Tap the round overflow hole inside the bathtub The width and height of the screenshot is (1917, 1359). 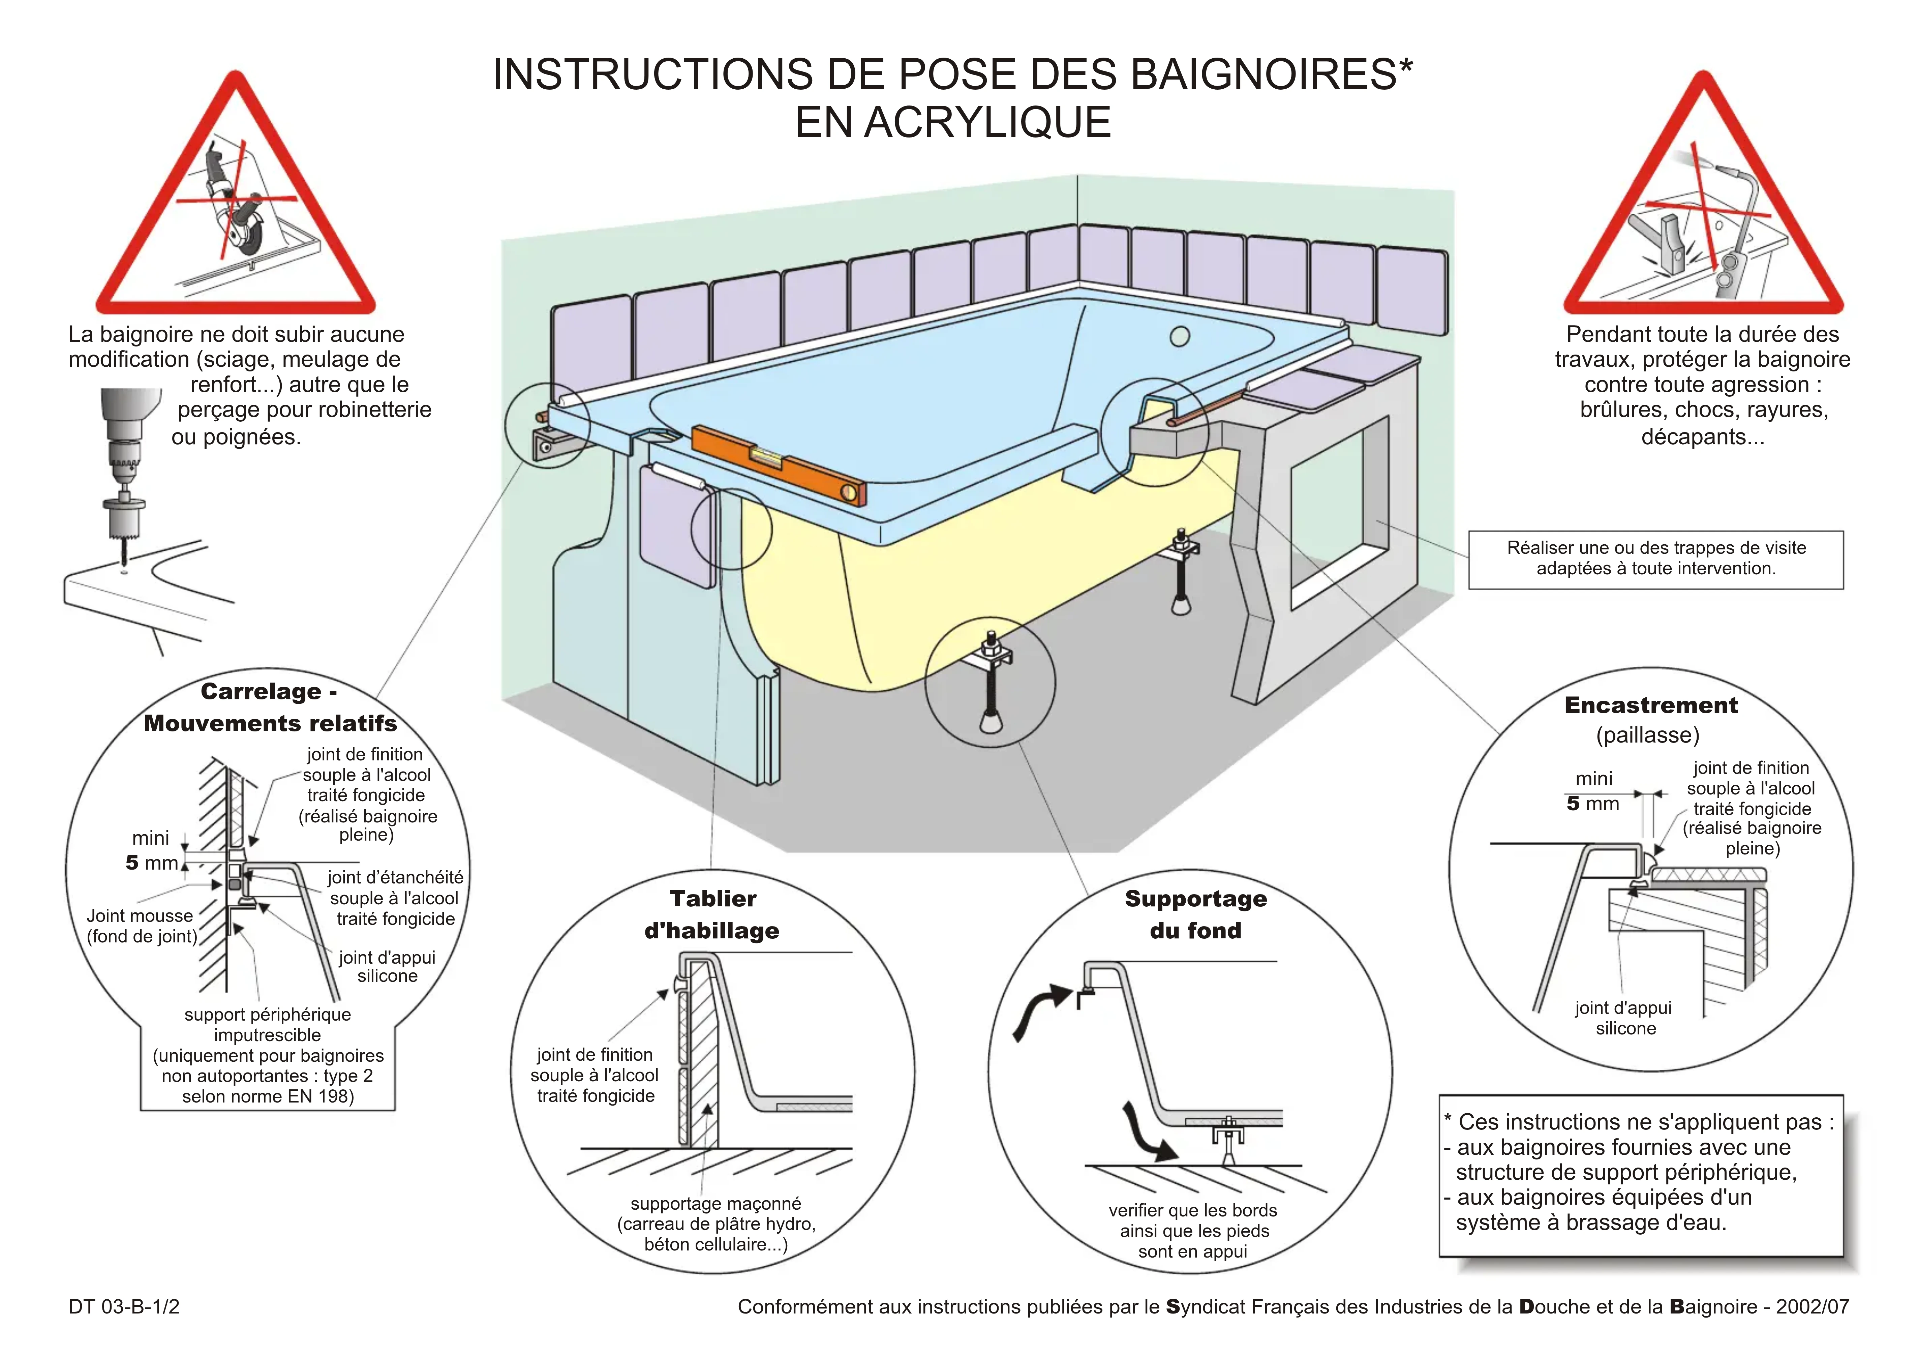click(1180, 336)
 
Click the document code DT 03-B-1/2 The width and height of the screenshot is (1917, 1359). click(124, 1306)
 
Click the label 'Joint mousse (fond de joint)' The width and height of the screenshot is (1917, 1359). click(141, 926)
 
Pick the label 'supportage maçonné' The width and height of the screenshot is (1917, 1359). click(716, 1203)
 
